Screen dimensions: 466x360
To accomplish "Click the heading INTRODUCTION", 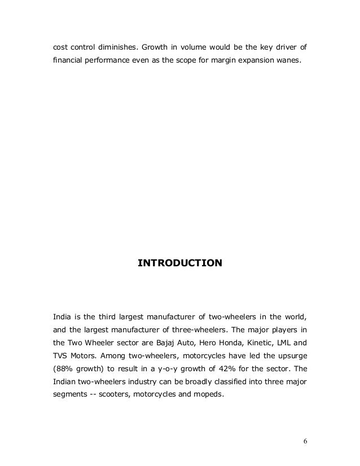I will (x=180, y=263).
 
